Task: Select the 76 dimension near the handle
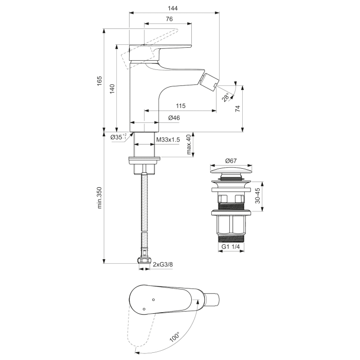point(168,20)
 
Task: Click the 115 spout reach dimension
point(180,106)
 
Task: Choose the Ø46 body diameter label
point(173,118)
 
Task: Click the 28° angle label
point(225,97)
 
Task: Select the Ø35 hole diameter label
point(118,137)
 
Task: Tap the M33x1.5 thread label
point(168,140)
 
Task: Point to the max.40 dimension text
point(189,145)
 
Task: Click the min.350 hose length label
point(100,197)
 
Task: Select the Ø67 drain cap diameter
point(231,161)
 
